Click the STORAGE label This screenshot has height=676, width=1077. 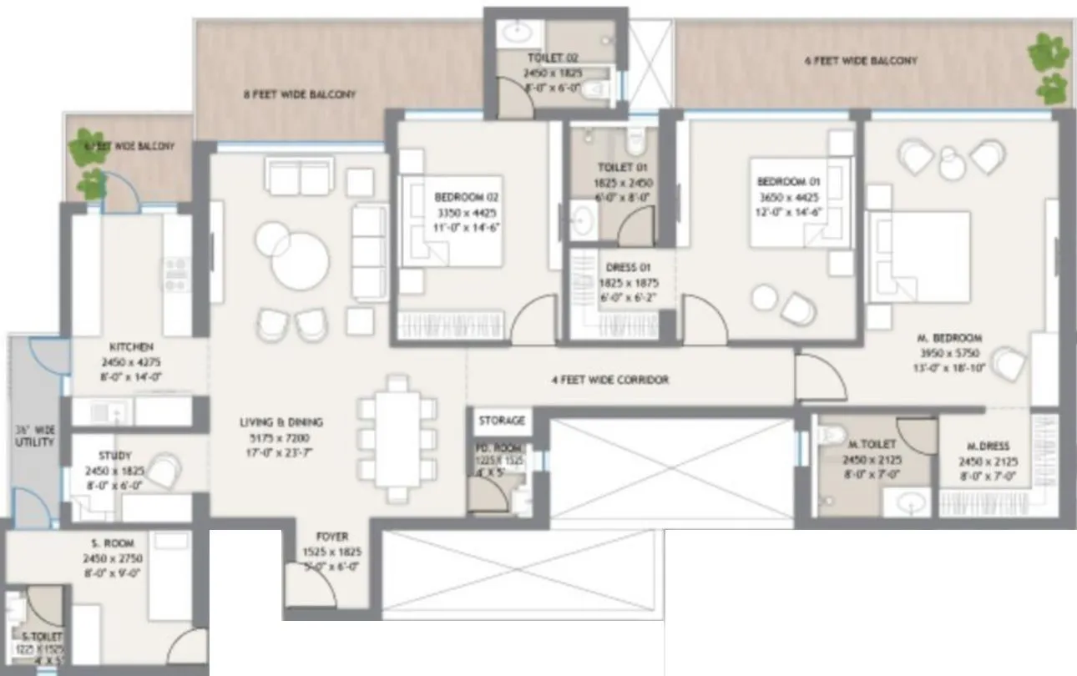[x=502, y=421]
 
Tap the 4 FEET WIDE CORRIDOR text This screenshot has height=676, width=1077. [x=610, y=380]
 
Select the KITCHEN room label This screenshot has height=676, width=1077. [x=131, y=346]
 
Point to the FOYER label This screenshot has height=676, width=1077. [x=332, y=537]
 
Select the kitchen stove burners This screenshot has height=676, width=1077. [x=176, y=274]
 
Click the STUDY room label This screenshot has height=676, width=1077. [x=114, y=456]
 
